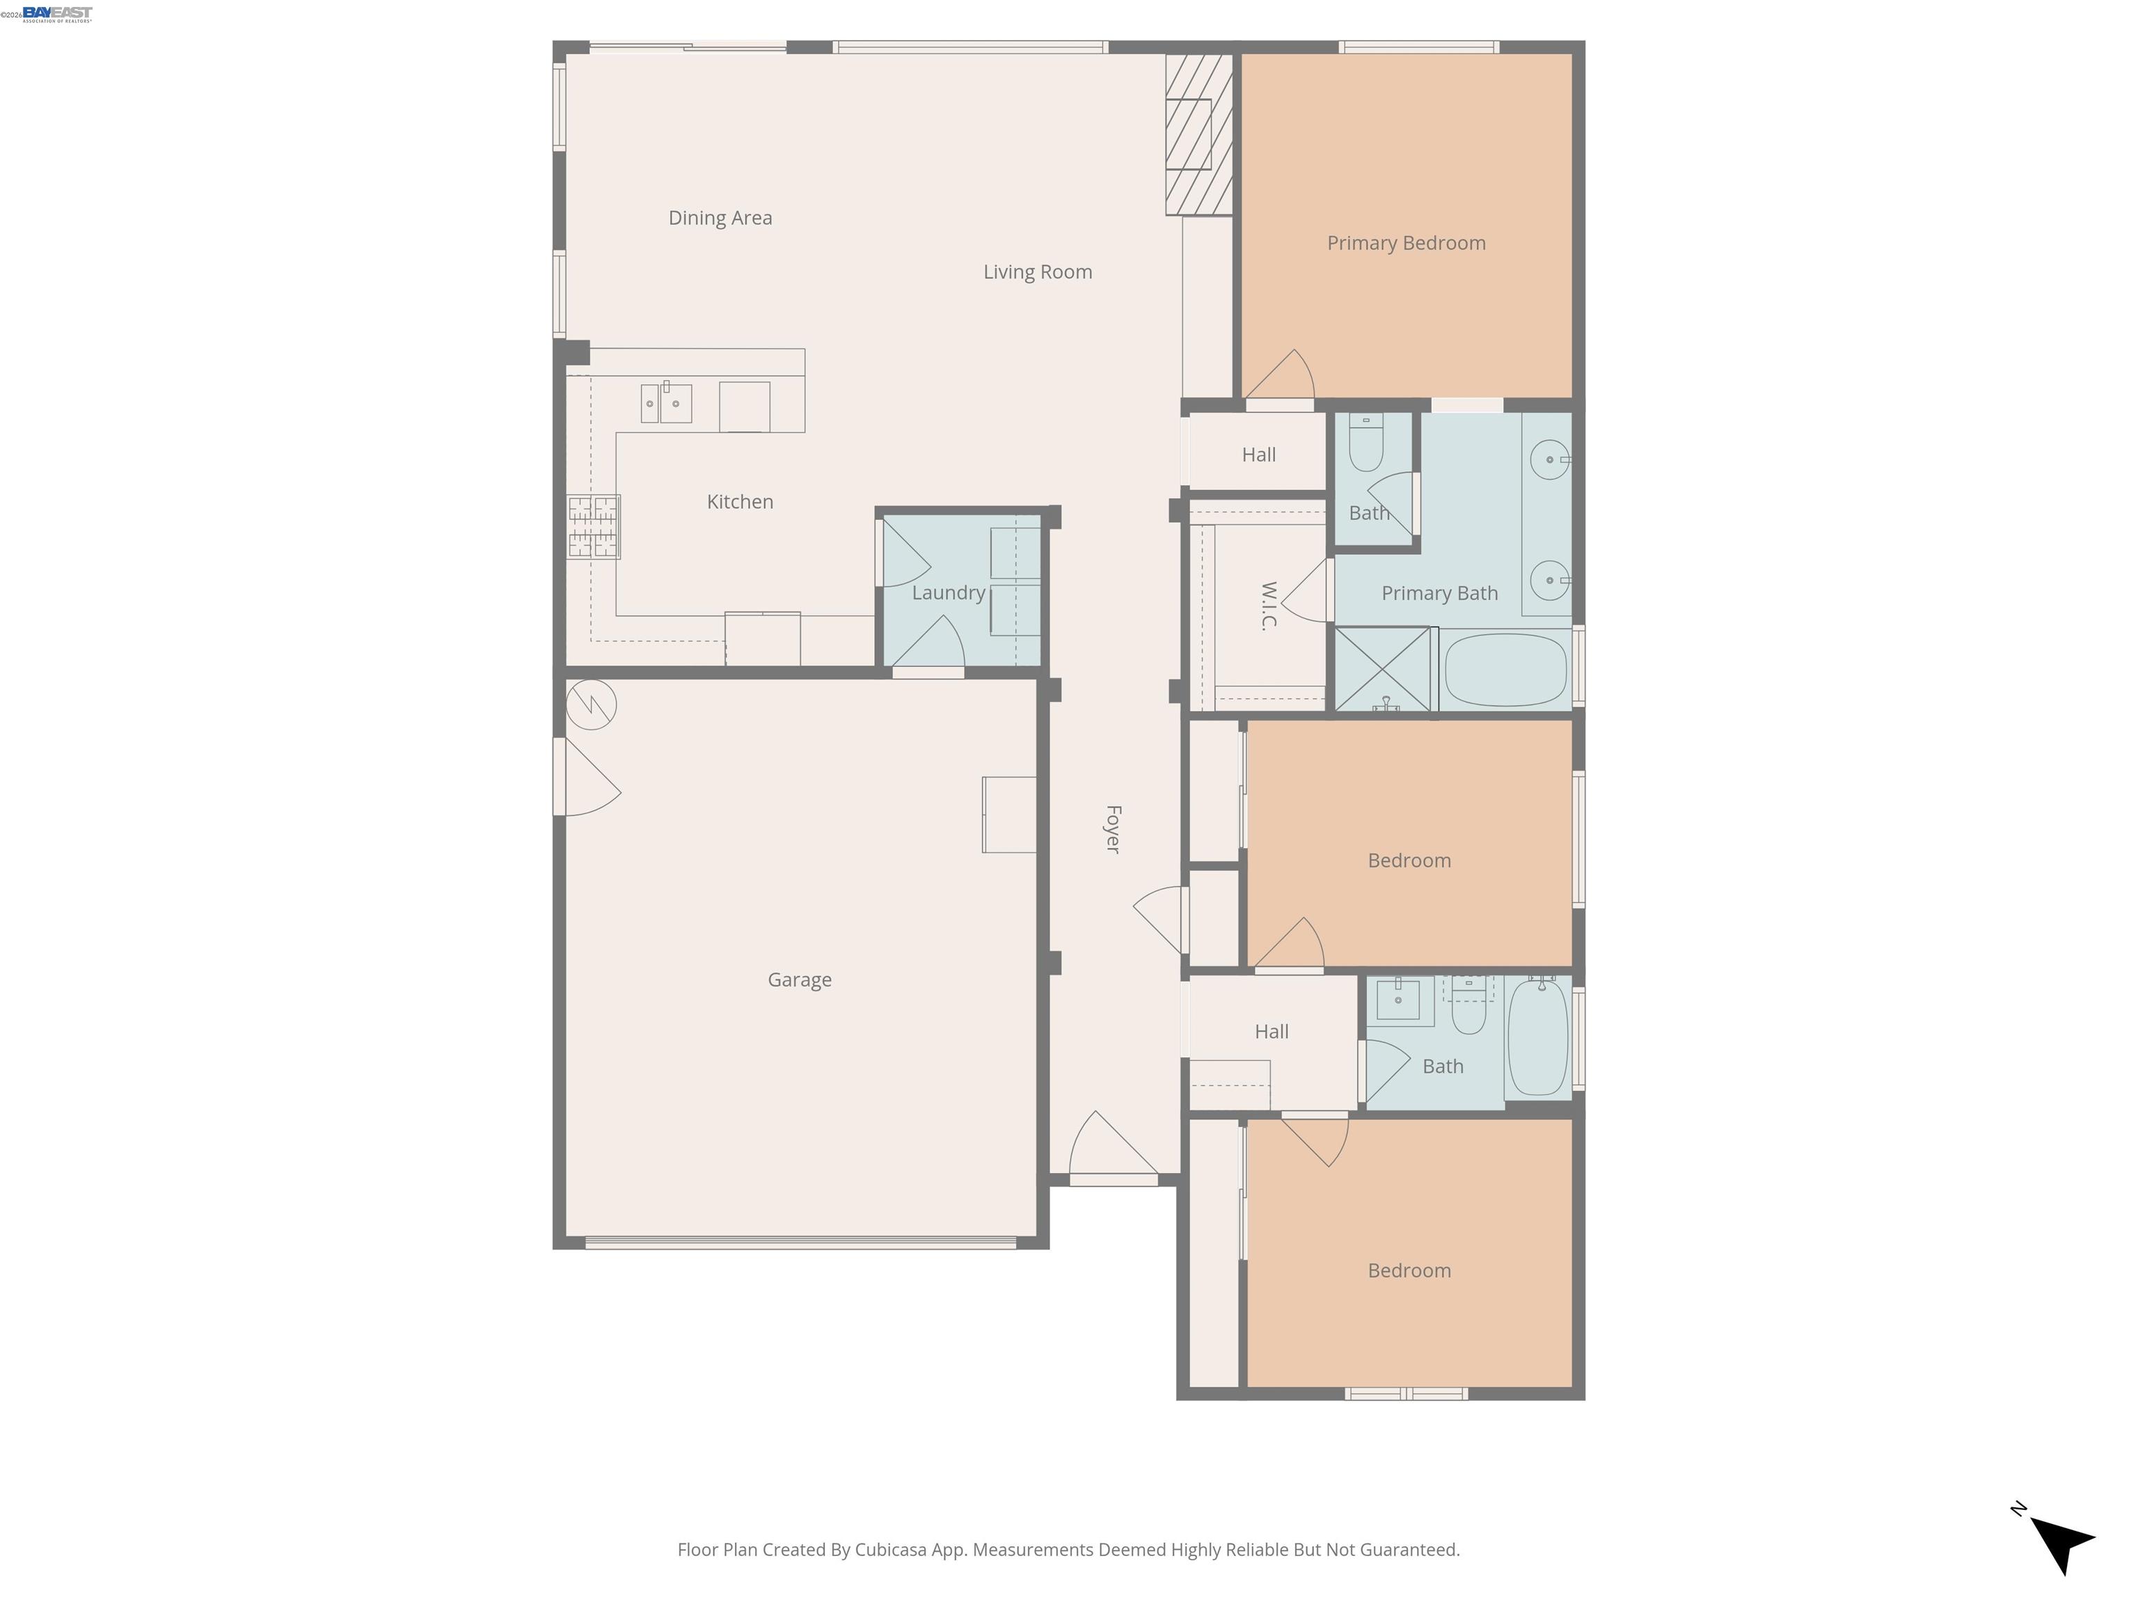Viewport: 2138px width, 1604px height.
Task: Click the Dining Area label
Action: (720, 217)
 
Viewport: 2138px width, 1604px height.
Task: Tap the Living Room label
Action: (1037, 272)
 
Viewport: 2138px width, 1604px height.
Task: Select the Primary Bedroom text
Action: (1405, 243)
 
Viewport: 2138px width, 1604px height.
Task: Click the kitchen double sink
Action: (666, 403)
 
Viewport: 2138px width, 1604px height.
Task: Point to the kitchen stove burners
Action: (592, 527)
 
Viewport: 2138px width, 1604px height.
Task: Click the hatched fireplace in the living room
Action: (1198, 134)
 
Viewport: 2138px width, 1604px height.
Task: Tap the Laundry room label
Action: (947, 592)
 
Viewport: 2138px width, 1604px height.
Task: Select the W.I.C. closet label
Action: (1269, 605)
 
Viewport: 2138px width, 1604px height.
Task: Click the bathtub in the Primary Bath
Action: (1503, 670)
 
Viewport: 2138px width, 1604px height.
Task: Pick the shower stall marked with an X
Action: (1382, 669)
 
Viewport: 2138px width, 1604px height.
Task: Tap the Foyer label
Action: (1112, 828)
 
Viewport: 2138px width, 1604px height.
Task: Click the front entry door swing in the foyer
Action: (1111, 1151)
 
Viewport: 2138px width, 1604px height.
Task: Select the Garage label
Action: (800, 980)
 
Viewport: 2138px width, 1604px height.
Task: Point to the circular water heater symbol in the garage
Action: (591, 704)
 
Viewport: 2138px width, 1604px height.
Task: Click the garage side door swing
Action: (587, 778)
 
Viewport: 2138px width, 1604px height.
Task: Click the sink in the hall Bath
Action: (1397, 999)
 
